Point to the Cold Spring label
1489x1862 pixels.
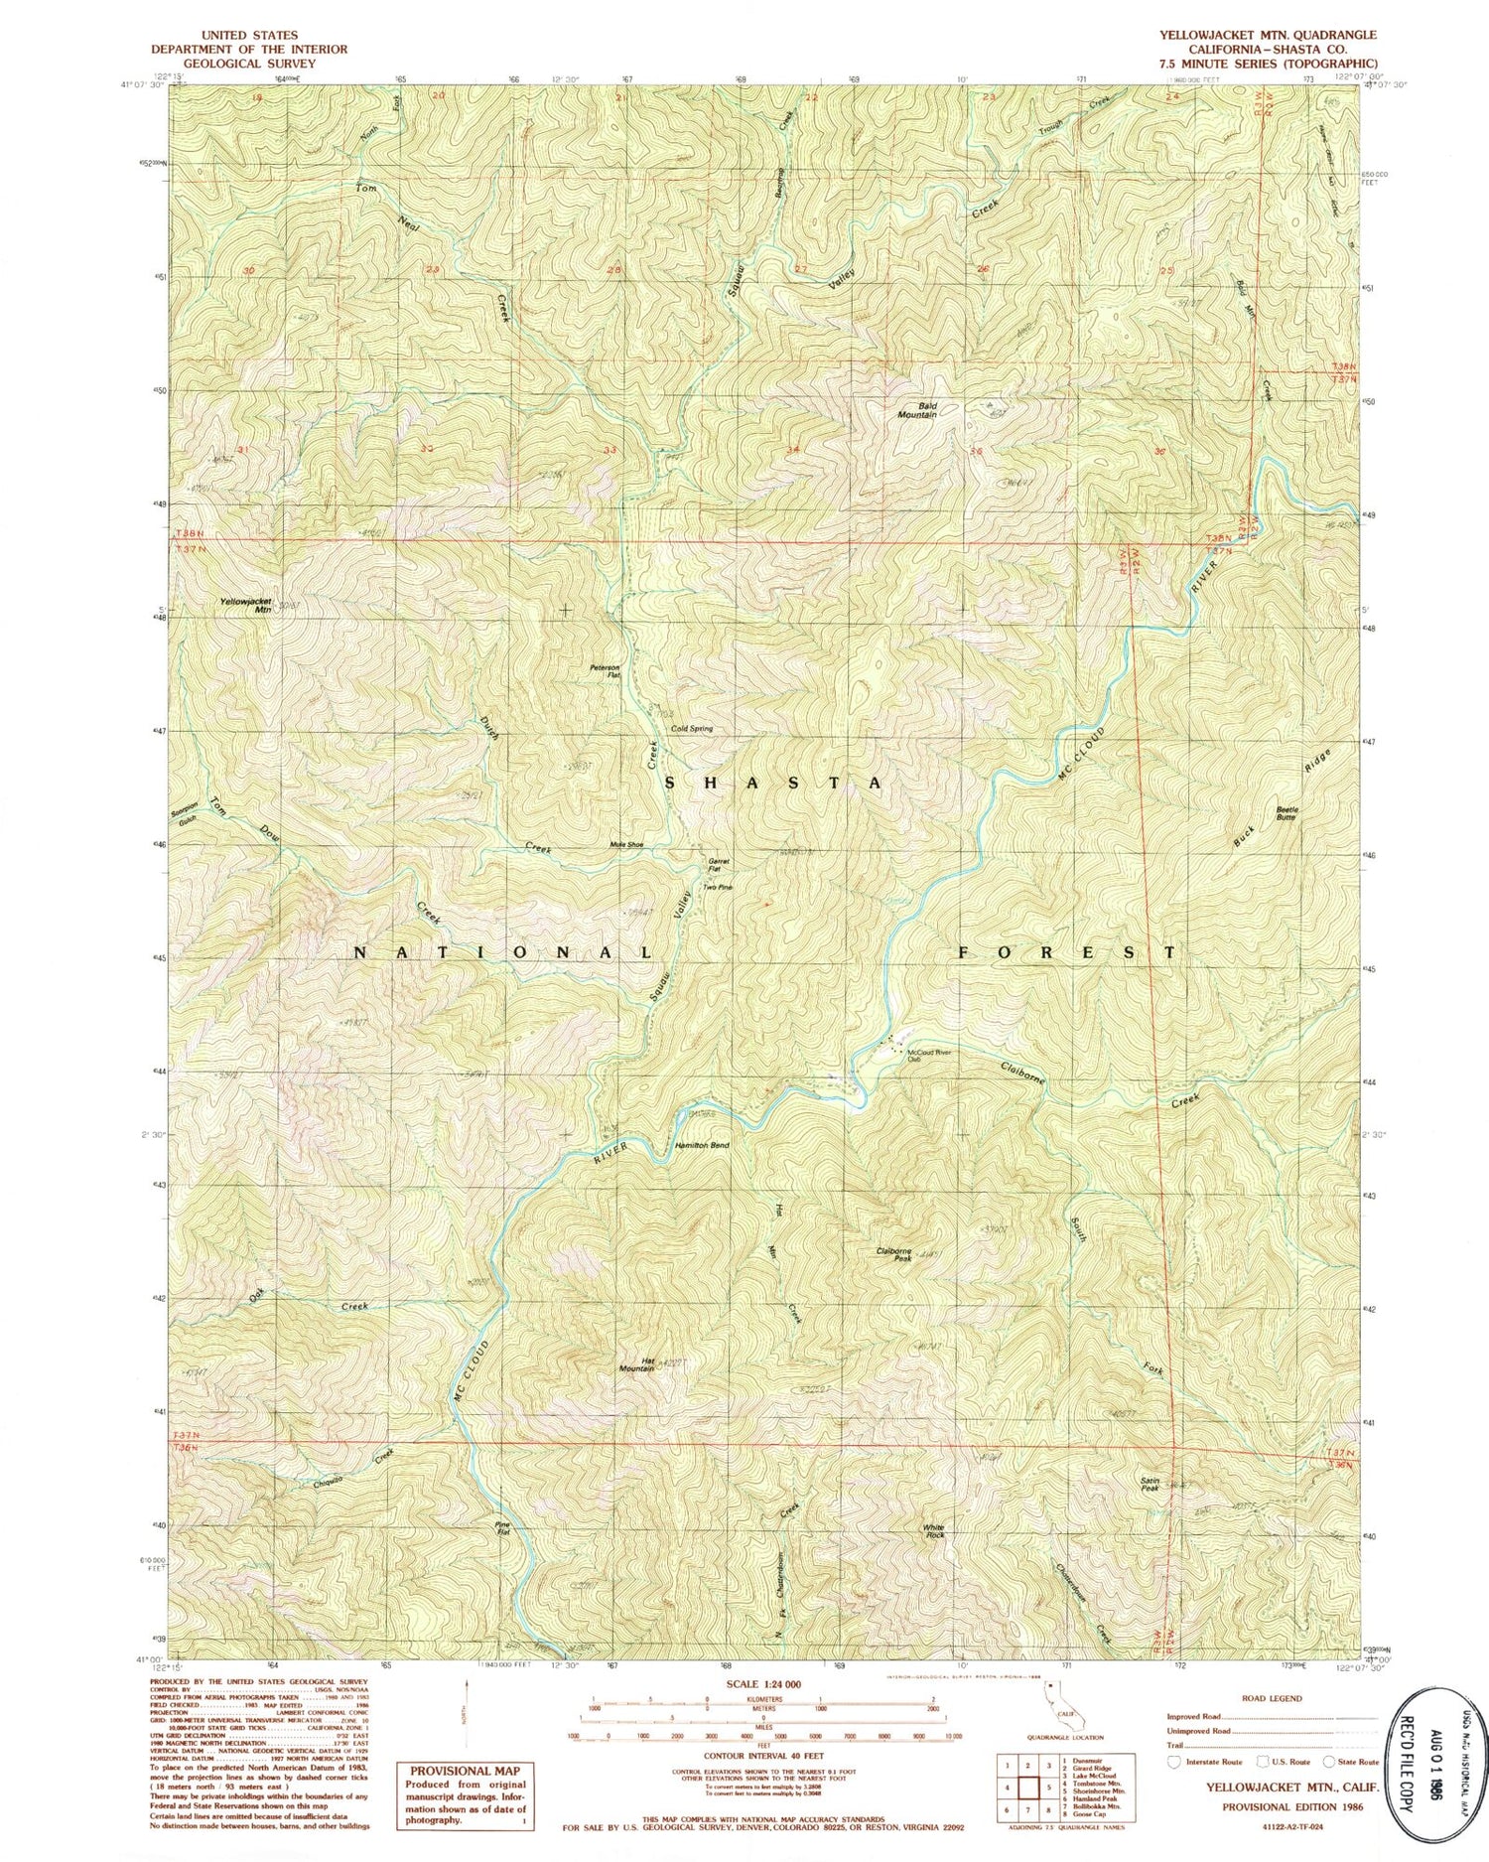(x=692, y=729)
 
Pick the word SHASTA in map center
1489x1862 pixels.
(x=771, y=784)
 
